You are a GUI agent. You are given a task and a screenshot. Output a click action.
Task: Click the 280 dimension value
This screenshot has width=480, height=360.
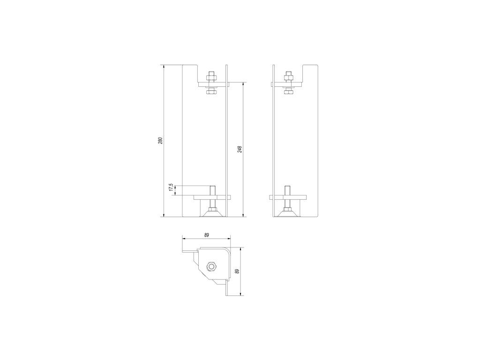(x=160, y=141)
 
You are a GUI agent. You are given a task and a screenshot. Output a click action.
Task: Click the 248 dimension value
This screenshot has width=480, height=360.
(x=240, y=149)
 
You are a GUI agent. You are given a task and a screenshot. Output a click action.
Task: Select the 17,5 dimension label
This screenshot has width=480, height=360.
(x=172, y=187)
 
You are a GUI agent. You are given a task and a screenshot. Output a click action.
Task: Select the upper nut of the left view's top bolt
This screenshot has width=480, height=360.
(x=211, y=75)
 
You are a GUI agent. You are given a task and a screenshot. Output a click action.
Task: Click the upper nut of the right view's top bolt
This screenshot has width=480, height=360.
(x=288, y=75)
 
